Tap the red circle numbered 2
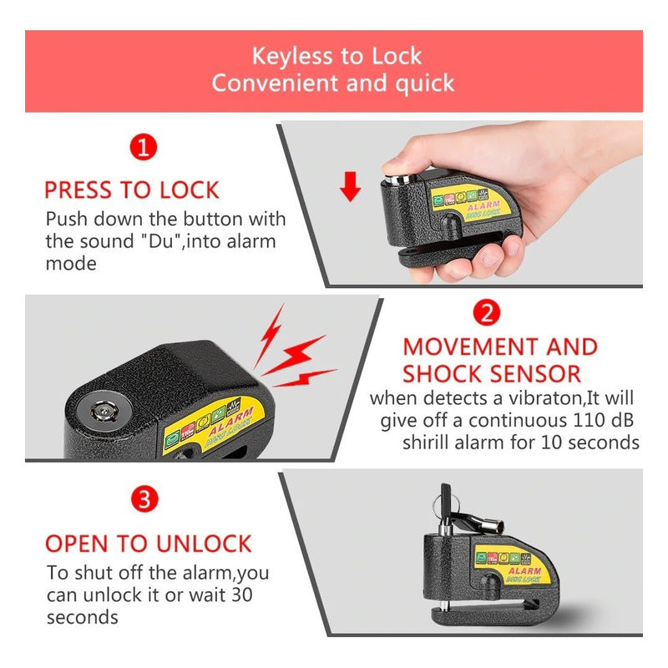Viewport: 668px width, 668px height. (487, 312)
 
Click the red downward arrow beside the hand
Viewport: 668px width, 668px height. (351, 187)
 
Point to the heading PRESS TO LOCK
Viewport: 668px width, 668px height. (131, 190)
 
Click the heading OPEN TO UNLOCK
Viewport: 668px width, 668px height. (148, 544)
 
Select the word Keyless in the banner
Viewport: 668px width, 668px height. (292, 57)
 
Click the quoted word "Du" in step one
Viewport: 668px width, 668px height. (164, 241)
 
